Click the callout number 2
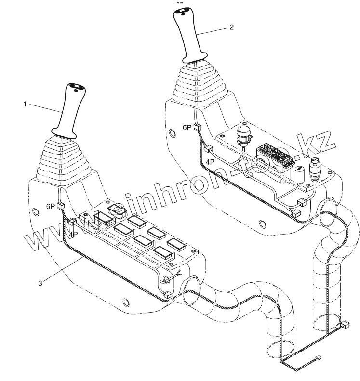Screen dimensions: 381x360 pyautogui.click(x=231, y=27)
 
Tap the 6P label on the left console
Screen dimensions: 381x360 pyautogui.click(x=51, y=206)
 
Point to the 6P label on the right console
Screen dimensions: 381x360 pyautogui.click(x=187, y=128)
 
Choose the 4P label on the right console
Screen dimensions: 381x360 pyautogui.click(x=210, y=162)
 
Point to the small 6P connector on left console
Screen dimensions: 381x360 pyautogui.click(x=61, y=206)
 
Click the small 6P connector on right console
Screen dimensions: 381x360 pyautogui.click(x=197, y=128)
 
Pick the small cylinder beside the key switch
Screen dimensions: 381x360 pyautogui.click(x=298, y=175)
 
